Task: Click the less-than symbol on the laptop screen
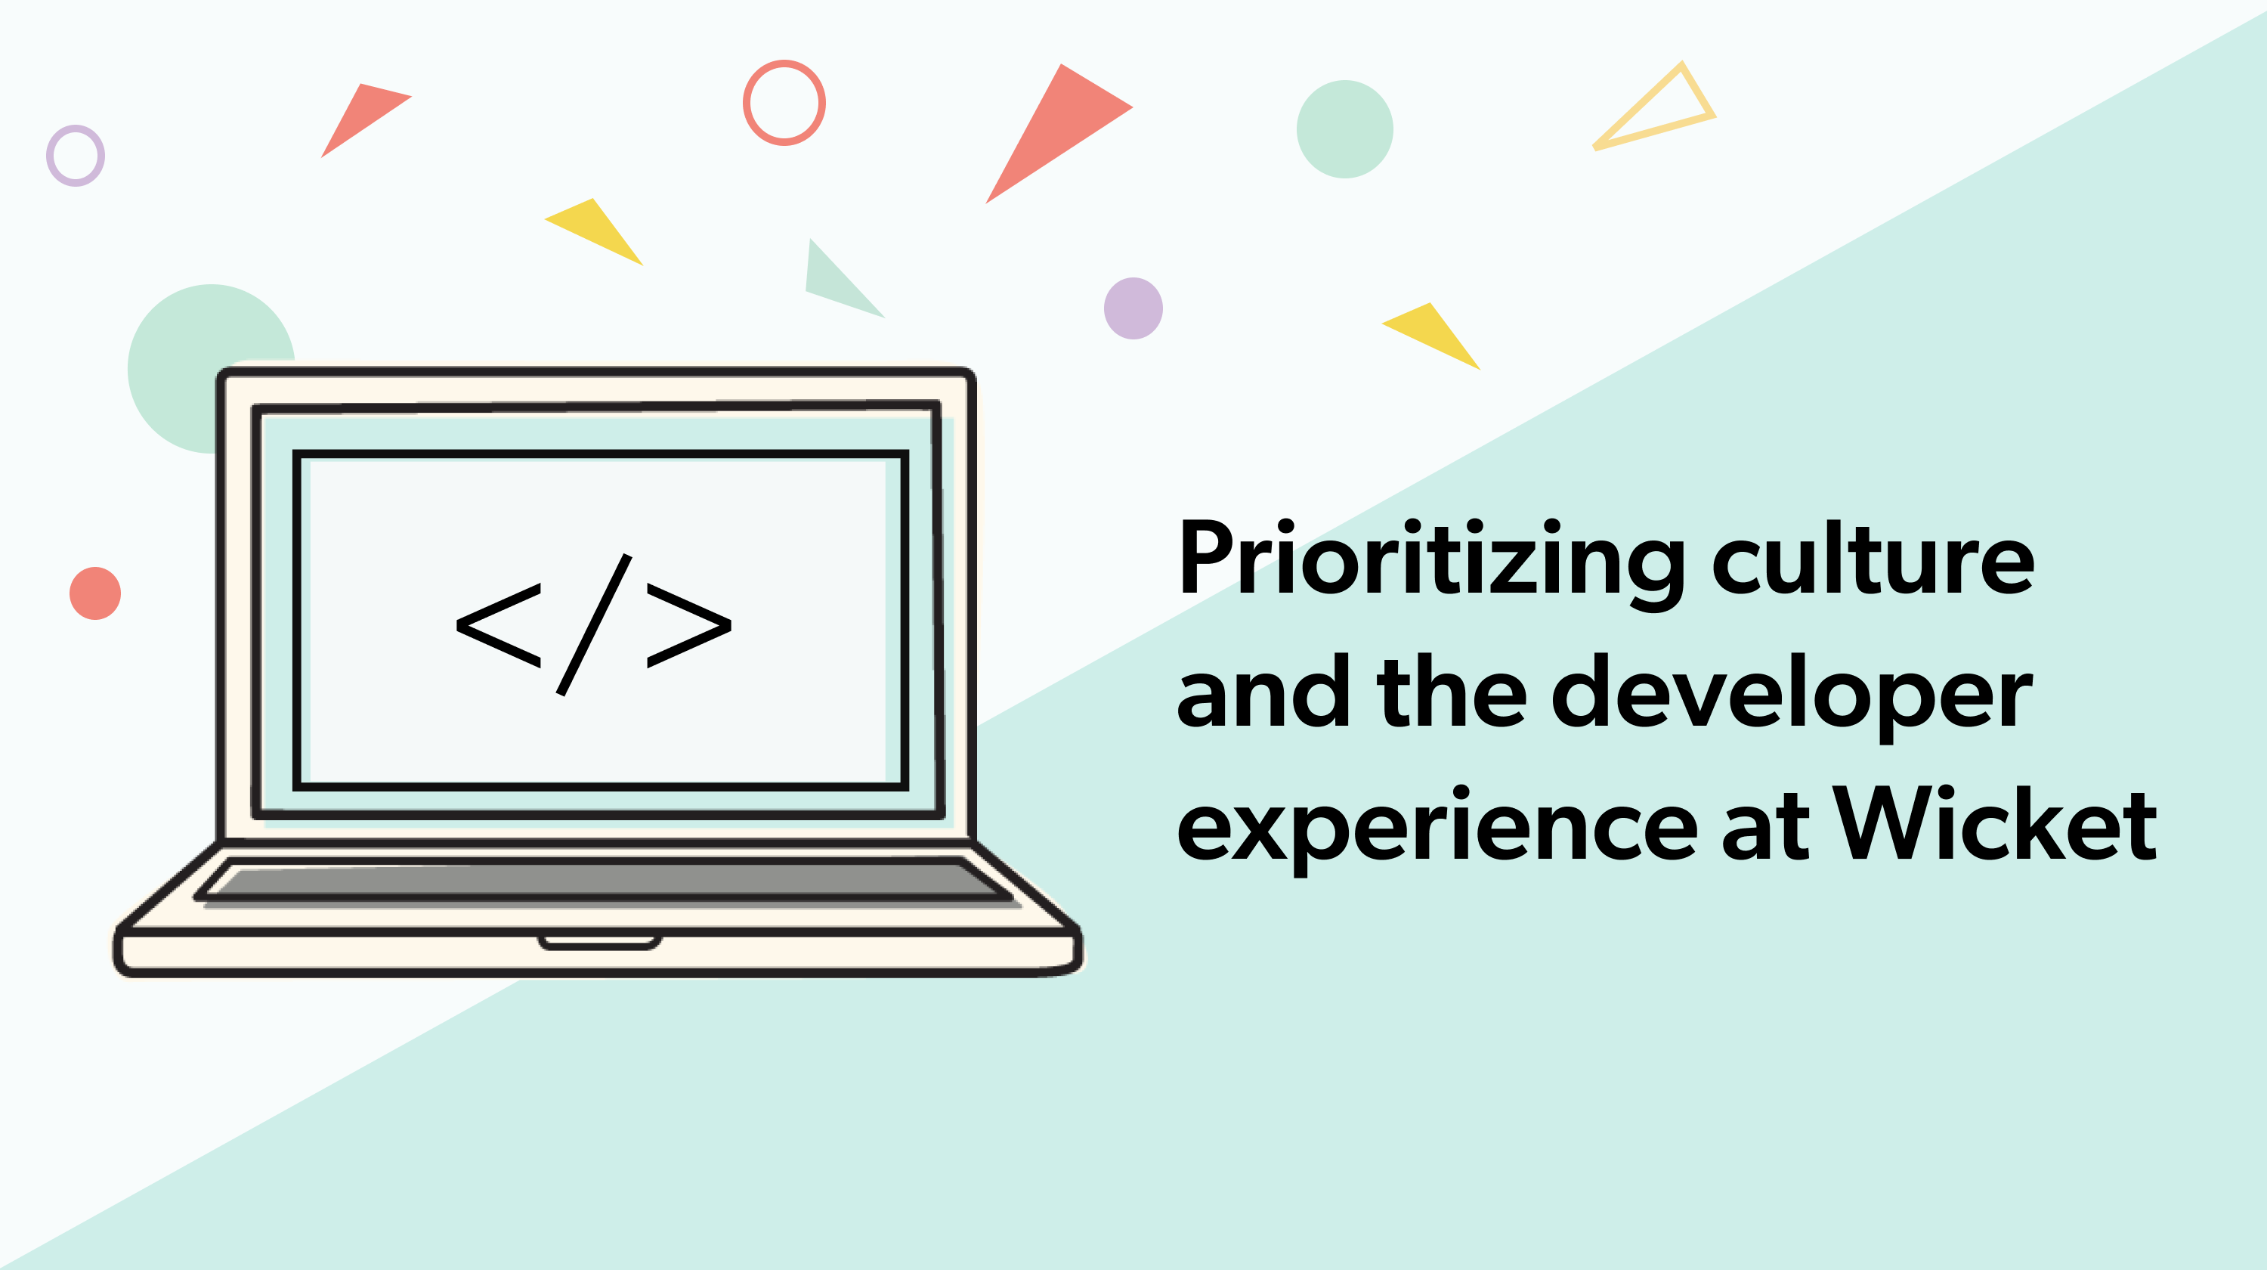(498, 625)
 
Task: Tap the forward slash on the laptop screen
(594, 625)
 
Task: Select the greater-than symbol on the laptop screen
(689, 625)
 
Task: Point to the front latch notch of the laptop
(599, 943)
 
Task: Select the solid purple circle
(1133, 308)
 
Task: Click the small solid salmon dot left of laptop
(95, 593)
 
